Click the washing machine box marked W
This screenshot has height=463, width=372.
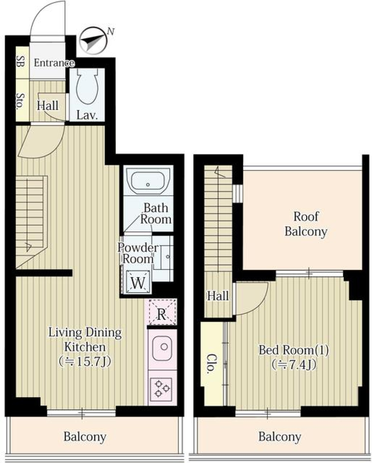[x=138, y=282]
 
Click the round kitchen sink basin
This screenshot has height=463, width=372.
[x=162, y=349]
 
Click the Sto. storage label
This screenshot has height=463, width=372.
[x=21, y=101]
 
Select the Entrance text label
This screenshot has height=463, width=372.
[x=54, y=63]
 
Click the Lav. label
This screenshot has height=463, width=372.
[x=87, y=115]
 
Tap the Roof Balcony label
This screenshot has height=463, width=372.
[x=306, y=224]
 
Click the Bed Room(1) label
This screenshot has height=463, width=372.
[x=294, y=350]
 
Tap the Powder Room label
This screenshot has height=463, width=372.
[x=138, y=253]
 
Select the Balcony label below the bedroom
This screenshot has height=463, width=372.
[x=279, y=436]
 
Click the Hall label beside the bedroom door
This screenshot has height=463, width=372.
[x=218, y=296]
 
